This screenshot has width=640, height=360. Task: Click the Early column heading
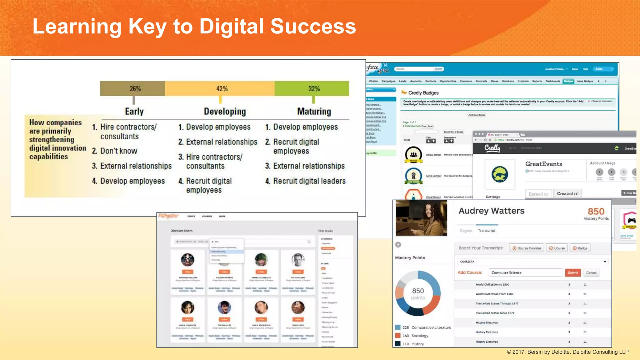(x=134, y=112)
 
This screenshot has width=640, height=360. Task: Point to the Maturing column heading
(x=314, y=112)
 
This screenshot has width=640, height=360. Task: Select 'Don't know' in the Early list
(x=118, y=151)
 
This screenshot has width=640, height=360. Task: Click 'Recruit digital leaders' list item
(x=309, y=181)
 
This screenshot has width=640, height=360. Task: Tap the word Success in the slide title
(x=313, y=26)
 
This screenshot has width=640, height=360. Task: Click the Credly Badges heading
(x=423, y=93)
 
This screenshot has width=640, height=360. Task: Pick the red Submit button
(x=573, y=272)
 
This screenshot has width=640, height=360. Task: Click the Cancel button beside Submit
(x=591, y=272)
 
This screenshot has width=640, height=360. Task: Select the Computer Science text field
(x=526, y=272)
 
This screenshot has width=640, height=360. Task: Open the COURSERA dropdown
(x=533, y=262)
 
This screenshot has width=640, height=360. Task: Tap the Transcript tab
(x=487, y=231)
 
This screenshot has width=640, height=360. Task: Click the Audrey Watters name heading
(x=492, y=211)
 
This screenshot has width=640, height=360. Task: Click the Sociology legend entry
(x=419, y=336)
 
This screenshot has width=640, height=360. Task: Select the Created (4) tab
(x=567, y=194)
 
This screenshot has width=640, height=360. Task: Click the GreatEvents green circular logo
(x=500, y=174)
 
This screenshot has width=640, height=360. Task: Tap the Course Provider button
(x=527, y=248)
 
